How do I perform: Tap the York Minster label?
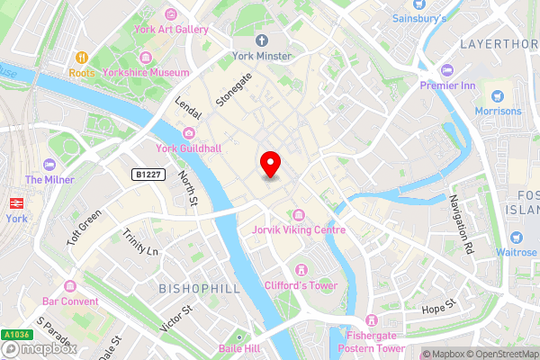tap(262, 56)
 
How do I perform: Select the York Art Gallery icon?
tap(171, 14)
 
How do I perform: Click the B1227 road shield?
tap(148, 174)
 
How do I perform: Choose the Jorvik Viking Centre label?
tap(299, 230)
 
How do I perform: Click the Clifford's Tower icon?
tap(301, 270)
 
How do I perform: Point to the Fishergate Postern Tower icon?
tap(370, 319)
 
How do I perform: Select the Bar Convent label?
tap(70, 301)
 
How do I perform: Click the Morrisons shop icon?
tap(495, 95)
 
